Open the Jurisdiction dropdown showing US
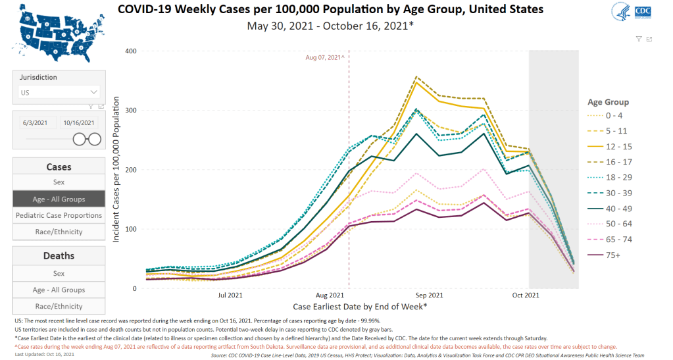tap(59, 93)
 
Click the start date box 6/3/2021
tap(35, 122)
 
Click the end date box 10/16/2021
tap(79, 122)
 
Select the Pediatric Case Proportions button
tap(59, 215)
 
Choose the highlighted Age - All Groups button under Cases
tap(59, 199)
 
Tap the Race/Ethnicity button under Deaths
tap(59, 306)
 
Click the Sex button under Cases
tap(59, 182)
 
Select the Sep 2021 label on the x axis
tap(430, 297)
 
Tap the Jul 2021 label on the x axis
tap(231, 297)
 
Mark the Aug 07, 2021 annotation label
tap(325, 58)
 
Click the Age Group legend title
tap(608, 102)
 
